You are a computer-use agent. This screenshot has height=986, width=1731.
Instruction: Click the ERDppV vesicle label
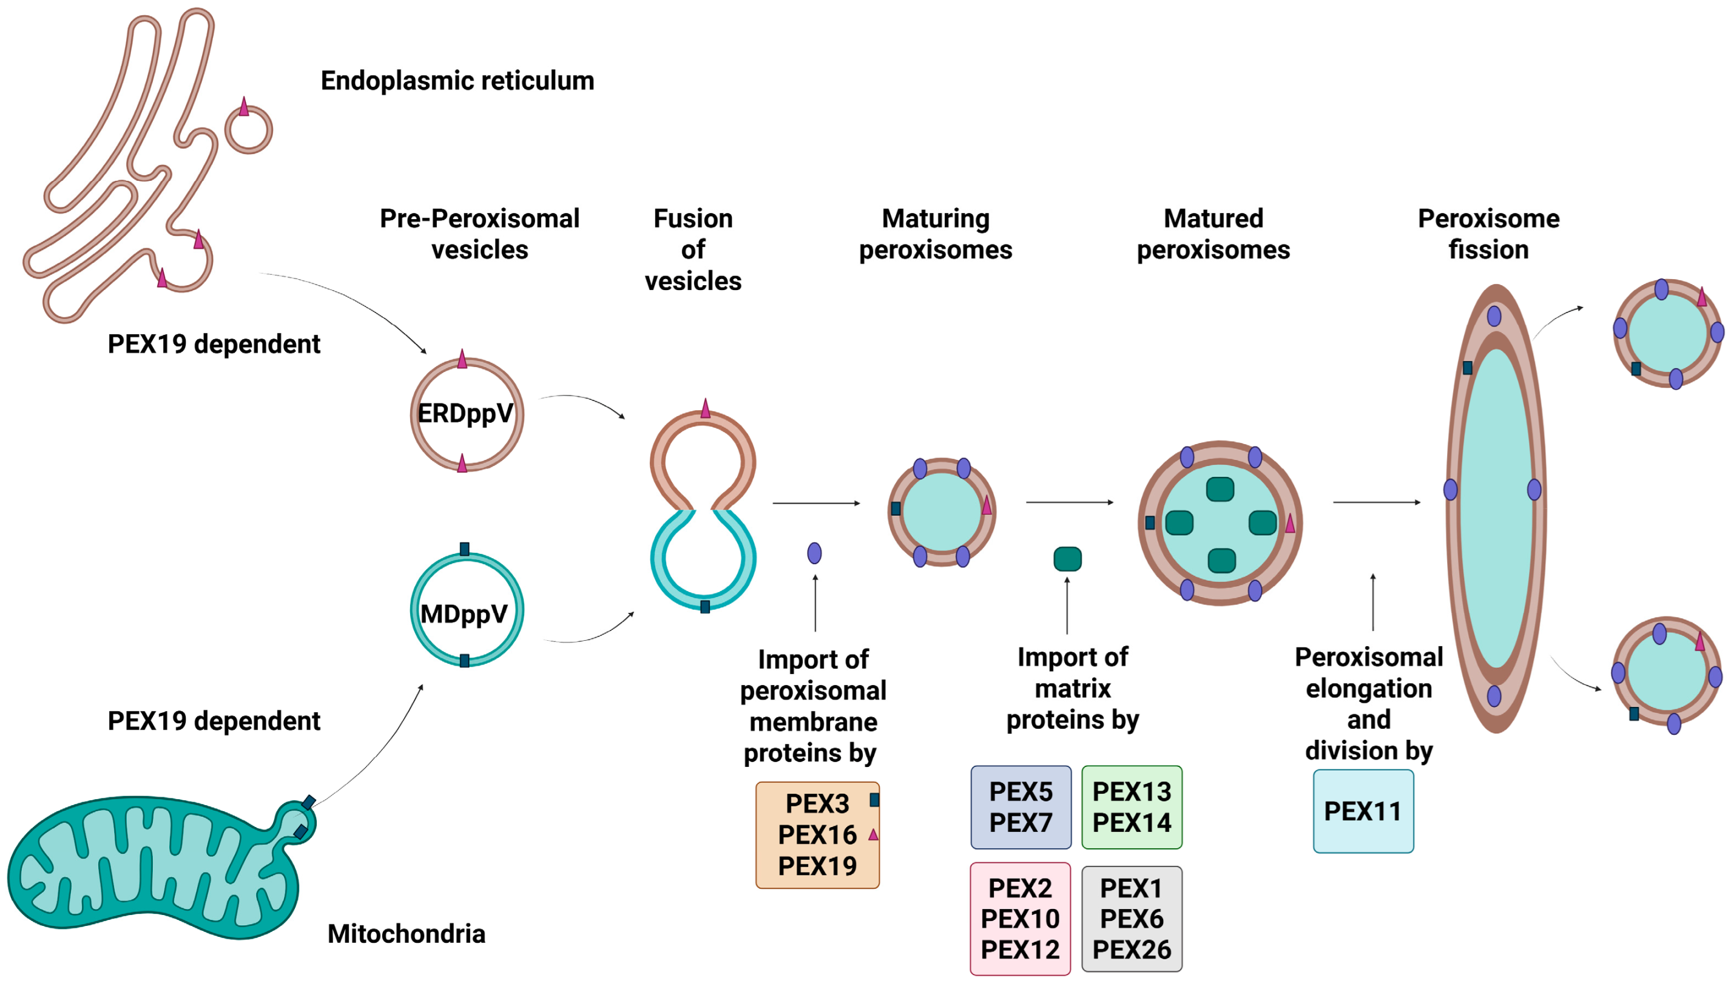click(465, 413)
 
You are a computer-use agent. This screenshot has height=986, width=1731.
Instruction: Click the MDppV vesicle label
click(464, 613)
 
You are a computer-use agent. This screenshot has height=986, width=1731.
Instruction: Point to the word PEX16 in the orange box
click(817, 834)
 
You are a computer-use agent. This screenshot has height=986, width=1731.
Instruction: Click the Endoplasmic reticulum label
click(457, 81)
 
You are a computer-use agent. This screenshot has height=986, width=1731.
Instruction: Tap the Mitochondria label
click(406, 933)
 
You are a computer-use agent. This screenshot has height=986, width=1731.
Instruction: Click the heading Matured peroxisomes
click(1213, 234)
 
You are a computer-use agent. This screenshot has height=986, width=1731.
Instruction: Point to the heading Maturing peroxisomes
click(936, 234)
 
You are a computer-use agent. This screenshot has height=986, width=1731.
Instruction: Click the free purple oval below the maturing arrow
click(814, 553)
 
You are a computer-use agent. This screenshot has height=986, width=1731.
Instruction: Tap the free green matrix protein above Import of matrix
click(1068, 559)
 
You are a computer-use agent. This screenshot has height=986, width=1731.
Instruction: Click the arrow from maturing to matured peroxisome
click(1070, 502)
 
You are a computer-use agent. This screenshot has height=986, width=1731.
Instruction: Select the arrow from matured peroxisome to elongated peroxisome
click(1376, 502)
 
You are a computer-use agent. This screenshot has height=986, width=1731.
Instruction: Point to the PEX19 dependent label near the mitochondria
click(214, 721)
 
